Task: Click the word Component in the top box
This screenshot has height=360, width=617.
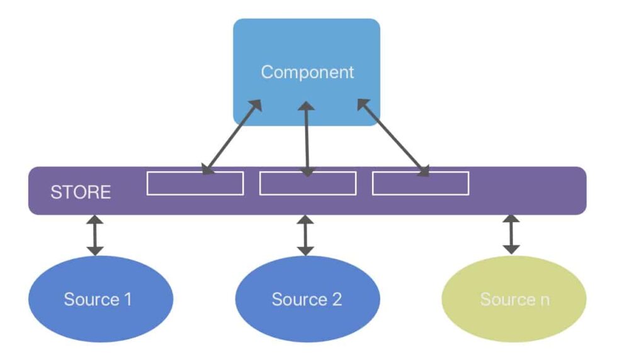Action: tap(307, 72)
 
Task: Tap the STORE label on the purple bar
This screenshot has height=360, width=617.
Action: tap(81, 191)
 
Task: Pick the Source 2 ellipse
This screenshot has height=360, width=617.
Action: tap(307, 298)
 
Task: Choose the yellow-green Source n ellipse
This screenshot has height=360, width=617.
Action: tap(514, 298)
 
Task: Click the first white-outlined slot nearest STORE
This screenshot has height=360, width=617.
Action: tap(195, 183)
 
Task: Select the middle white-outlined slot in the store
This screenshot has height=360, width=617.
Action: tap(308, 183)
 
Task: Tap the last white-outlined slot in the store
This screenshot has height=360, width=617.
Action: tap(421, 183)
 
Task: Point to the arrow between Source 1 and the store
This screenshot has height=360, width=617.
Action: tap(94, 235)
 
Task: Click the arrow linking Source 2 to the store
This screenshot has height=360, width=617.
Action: tap(305, 235)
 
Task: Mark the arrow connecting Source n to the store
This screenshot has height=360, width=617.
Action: tap(511, 235)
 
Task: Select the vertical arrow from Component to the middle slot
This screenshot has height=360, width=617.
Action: tap(307, 138)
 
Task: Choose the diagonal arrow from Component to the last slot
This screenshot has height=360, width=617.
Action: tap(394, 137)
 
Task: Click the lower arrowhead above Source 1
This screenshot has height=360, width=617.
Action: tap(94, 250)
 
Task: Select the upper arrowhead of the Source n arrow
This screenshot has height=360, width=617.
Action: tap(511, 220)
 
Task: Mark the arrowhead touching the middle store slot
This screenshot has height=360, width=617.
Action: tap(307, 171)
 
